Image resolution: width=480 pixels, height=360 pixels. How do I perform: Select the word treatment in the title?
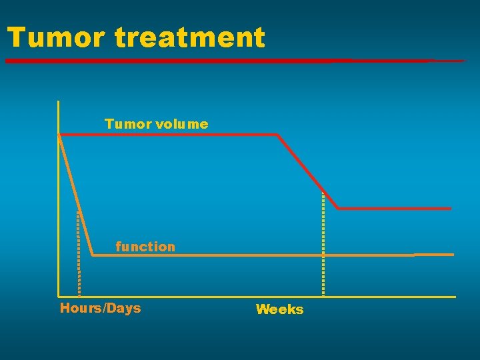(190, 37)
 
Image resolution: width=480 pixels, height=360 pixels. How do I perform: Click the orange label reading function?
(145, 247)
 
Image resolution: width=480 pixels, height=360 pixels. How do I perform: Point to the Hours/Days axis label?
(101, 308)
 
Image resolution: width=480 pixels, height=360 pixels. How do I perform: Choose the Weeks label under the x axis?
(279, 309)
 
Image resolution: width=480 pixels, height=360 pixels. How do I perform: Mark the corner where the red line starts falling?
(277, 135)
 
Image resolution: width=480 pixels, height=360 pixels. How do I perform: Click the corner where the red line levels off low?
(338, 209)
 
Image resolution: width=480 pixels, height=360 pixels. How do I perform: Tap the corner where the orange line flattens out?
(93, 255)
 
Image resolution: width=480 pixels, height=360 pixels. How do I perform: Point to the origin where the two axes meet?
(59, 296)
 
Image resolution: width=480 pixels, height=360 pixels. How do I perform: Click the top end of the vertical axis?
(59, 101)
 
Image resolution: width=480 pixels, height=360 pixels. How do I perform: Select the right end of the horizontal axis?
(455, 297)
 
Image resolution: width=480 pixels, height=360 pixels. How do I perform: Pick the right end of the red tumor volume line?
(451, 209)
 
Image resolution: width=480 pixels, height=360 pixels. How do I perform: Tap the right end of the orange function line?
(453, 254)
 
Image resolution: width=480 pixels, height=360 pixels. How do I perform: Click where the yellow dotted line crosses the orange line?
(323, 255)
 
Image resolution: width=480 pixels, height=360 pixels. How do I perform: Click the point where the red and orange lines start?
(59, 135)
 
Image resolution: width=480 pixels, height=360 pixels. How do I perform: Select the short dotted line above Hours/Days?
(79, 253)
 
